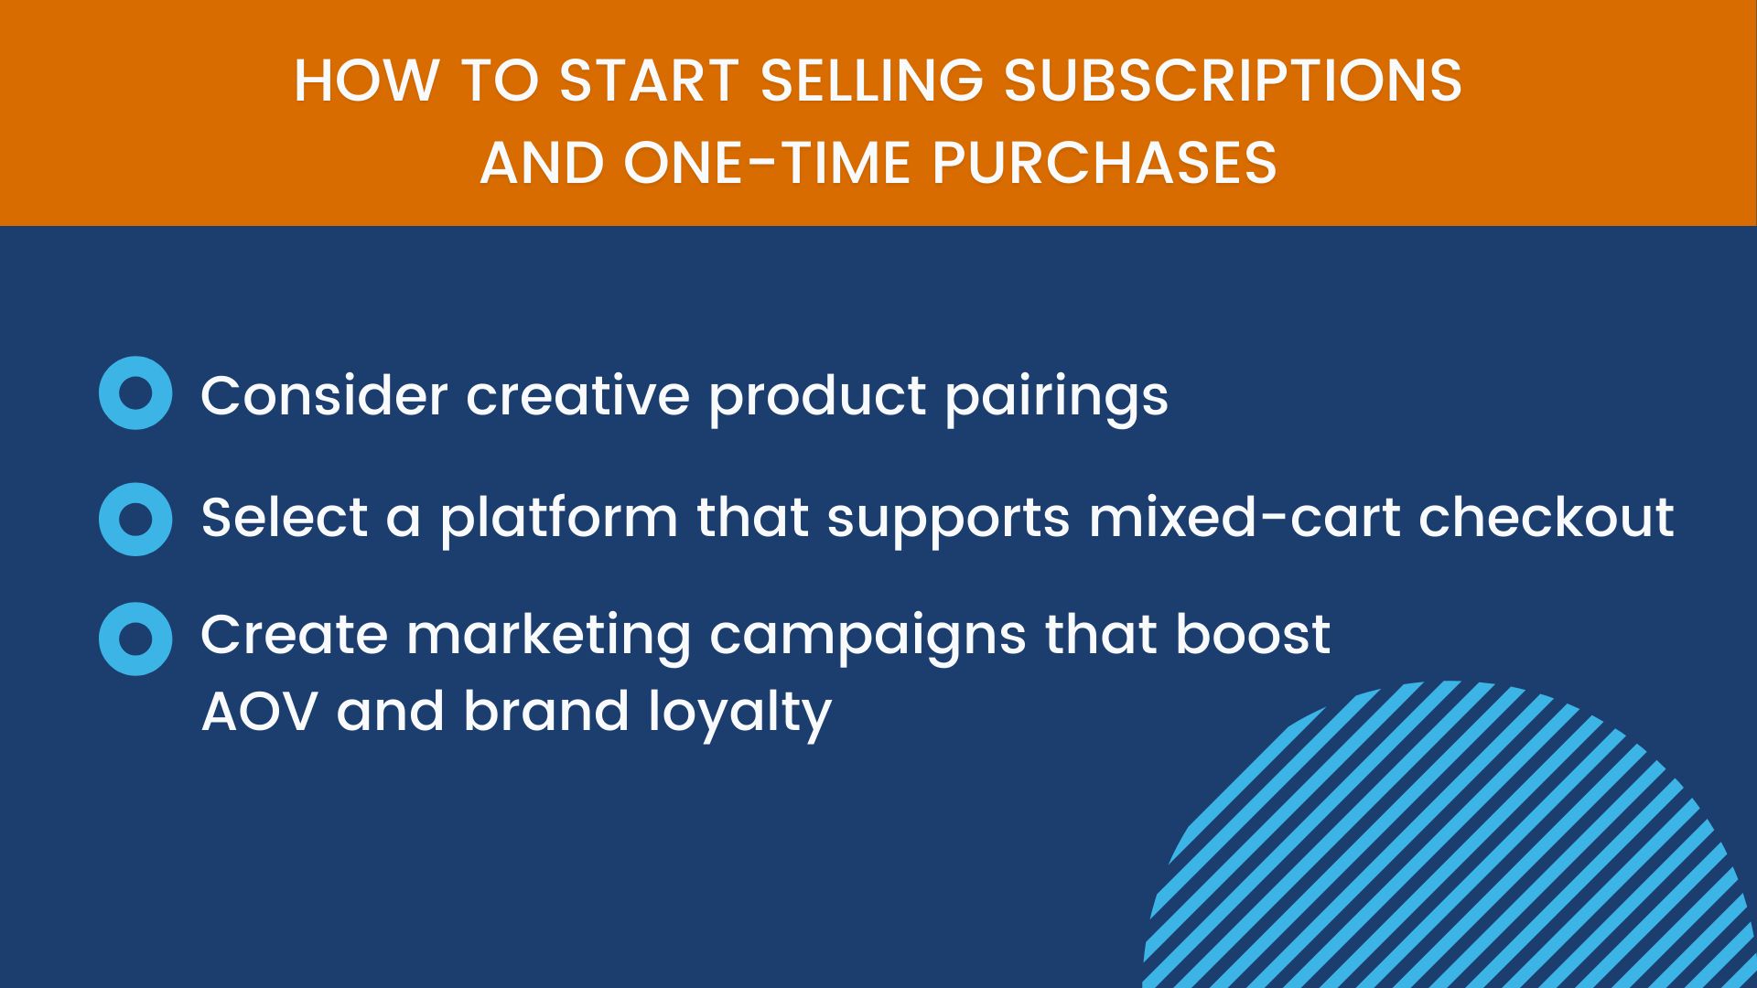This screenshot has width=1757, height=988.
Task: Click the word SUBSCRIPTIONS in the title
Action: pos(1233,81)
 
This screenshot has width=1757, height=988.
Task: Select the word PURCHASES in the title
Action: pos(1104,164)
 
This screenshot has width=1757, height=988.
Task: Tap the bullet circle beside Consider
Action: pos(135,393)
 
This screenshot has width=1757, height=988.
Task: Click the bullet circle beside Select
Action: pos(135,519)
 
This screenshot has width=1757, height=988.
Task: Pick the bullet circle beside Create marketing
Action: pos(135,639)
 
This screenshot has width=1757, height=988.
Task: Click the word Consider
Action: pos(324,395)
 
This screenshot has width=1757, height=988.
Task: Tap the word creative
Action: pos(577,395)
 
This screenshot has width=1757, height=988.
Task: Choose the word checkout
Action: pos(1547,518)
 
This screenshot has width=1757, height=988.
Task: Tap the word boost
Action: pos(1253,634)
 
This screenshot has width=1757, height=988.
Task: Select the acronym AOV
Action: pos(260,712)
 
